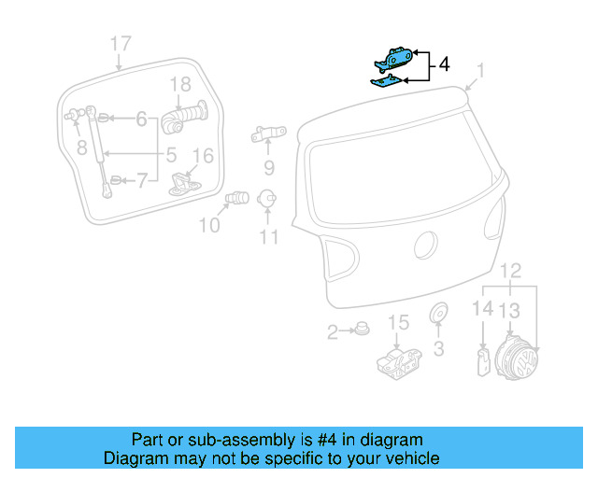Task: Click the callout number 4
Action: [444, 65]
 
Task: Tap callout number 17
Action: [121, 43]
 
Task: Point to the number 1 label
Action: [481, 70]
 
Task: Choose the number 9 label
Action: [268, 168]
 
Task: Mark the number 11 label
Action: [269, 237]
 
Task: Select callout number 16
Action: [203, 156]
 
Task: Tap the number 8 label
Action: [81, 147]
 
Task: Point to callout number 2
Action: [334, 331]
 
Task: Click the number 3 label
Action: [438, 350]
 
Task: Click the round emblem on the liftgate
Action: [424, 246]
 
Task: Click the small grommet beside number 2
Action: [361, 329]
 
